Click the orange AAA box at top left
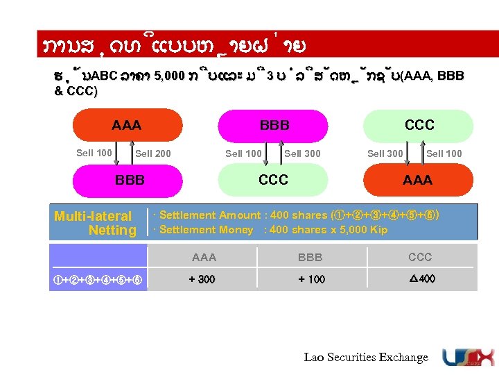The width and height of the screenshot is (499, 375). point(126,126)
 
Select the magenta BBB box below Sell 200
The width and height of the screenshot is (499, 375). point(130,180)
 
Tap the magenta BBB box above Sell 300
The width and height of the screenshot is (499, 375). point(274,126)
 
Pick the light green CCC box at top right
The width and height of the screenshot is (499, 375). point(419,125)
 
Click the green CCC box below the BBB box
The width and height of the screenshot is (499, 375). point(273,180)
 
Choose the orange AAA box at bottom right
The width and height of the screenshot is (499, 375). point(417,180)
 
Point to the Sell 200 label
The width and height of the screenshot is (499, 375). point(153,153)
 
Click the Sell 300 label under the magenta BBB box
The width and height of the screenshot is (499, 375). point(303,153)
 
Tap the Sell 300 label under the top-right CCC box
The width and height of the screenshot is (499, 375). point(385,153)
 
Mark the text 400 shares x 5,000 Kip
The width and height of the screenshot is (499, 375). point(328,230)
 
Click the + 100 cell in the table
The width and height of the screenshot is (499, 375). point(311,279)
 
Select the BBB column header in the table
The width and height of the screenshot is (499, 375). point(310,257)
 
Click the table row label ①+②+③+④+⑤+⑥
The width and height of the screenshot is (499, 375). point(98,279)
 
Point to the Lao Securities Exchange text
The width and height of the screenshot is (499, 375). point(366,357)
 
